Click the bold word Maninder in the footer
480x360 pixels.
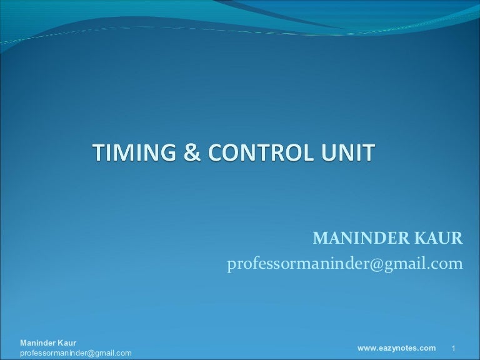[x=39, y=343]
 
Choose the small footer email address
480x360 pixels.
[x=76, y=353]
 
